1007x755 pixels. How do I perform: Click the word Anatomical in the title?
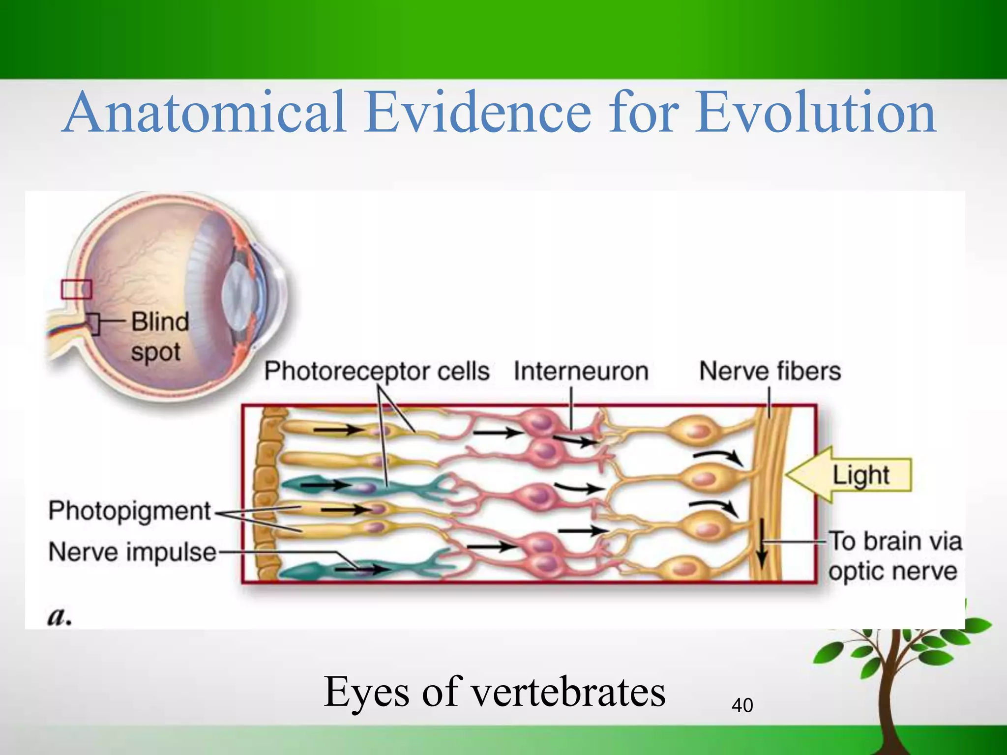coord(204,113)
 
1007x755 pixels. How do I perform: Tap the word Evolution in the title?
coord(816,113)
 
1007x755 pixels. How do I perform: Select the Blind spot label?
coord(159,337)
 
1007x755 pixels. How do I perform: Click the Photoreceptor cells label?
coord(377,371)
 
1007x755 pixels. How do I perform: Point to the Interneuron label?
coord(581,371)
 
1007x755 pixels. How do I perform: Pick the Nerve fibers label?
coord(770,371)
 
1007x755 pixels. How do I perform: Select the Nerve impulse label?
coord(132,552)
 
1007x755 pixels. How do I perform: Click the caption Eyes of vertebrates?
coord(495,692)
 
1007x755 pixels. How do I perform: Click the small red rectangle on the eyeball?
coord(76,289)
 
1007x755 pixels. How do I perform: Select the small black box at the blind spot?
coord(94,324)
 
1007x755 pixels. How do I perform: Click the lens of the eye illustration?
coord(237,294)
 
